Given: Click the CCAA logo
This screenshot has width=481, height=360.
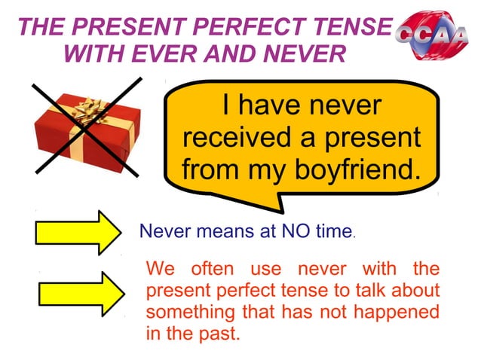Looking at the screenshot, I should [434, 35].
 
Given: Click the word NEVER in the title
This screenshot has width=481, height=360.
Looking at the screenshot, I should [308, 55].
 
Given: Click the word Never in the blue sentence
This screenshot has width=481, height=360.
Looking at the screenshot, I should [165, 230].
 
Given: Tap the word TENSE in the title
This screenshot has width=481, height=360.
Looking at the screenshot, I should [360, 29].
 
